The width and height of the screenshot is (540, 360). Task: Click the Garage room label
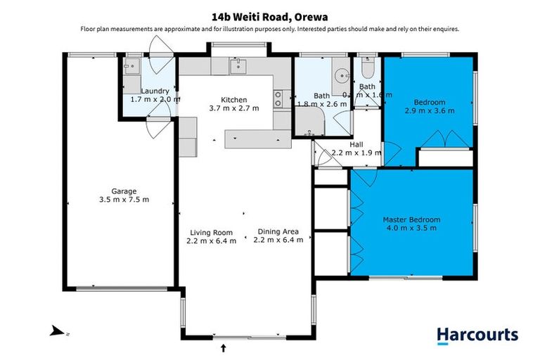tap(124, 191)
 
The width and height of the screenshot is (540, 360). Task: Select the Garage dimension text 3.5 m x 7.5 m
tap(124, 200)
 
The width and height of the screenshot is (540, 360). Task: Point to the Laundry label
tap(154, 91)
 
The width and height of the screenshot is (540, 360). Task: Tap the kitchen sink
tap(236, 66)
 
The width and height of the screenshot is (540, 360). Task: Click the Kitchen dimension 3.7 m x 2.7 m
tap(234, 108)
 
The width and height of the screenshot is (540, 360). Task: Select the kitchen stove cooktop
tap(279, 99)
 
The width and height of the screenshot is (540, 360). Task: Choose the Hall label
tap(356, 143)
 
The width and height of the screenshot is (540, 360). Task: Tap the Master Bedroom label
tap(411, 219)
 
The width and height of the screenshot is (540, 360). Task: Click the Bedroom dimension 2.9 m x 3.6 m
tap(429, 110)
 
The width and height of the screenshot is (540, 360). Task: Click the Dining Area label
tap(278, 231)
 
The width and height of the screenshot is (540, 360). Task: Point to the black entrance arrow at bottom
tap(224, 347)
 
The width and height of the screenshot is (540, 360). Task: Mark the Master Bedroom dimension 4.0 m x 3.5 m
tap(411, 229)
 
